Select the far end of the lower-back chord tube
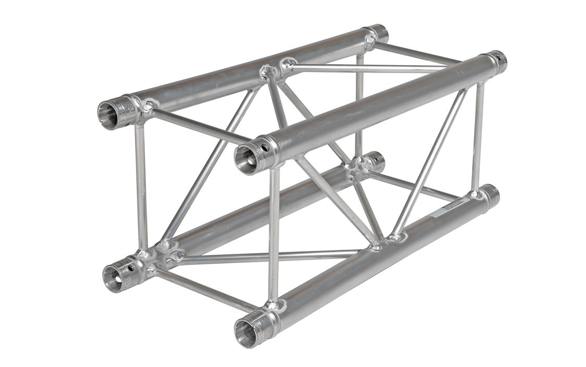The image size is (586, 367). [x=376, y=162]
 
